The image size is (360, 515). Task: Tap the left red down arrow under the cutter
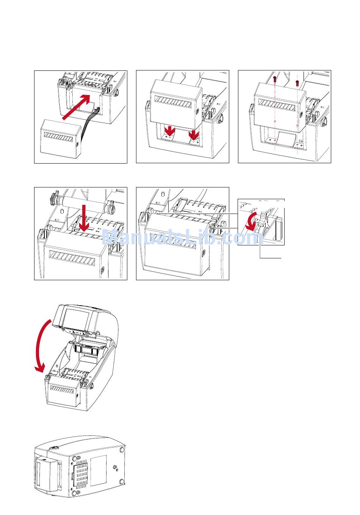[170, 132]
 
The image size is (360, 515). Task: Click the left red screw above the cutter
[275, 79]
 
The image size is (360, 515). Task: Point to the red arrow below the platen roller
[85, 218]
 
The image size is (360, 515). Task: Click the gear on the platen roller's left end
[52, 197]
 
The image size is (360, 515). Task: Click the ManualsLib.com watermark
[180, 238]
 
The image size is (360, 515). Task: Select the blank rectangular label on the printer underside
[99, 470]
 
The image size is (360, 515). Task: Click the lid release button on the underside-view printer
[54, 448]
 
